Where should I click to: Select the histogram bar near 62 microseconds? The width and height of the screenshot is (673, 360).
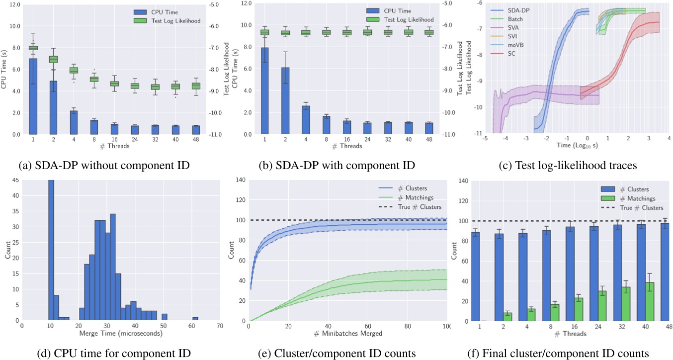point(195,319)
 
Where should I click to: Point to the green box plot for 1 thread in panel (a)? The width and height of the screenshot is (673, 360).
point(33,48)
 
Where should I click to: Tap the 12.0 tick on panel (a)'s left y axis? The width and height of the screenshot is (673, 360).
point(14,4)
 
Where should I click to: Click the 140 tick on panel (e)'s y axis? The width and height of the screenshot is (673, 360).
point(241,181)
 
